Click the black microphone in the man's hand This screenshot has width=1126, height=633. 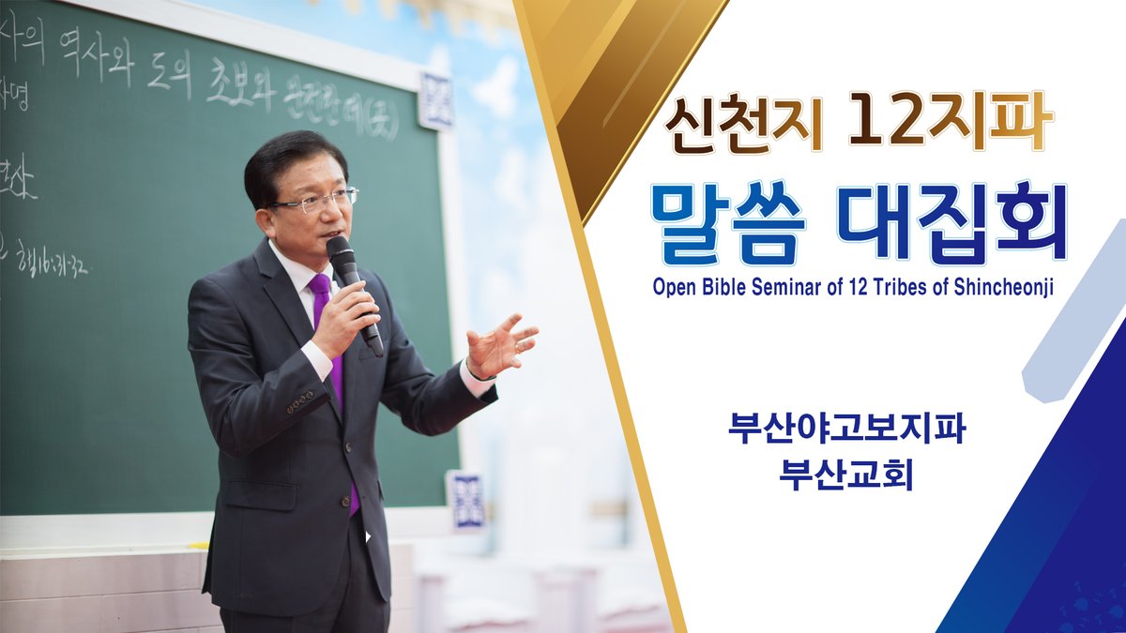tap(352, 286)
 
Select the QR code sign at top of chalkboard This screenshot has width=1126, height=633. tap(435, 101)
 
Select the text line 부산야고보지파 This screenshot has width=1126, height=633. tap(846, 428)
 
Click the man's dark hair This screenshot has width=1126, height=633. tap(291, 159)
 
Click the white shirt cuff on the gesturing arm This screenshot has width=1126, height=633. tap(477, 380)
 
